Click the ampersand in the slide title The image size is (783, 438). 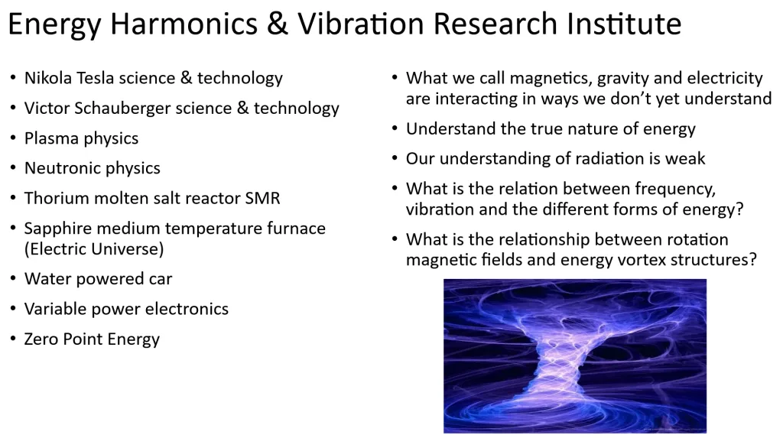coord(277,24)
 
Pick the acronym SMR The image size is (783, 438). coord(263,198)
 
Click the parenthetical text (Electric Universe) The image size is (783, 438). coord(94,249)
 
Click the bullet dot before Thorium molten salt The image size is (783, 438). coord(13,198)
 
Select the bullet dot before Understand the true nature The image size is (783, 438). coord(395,128)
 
